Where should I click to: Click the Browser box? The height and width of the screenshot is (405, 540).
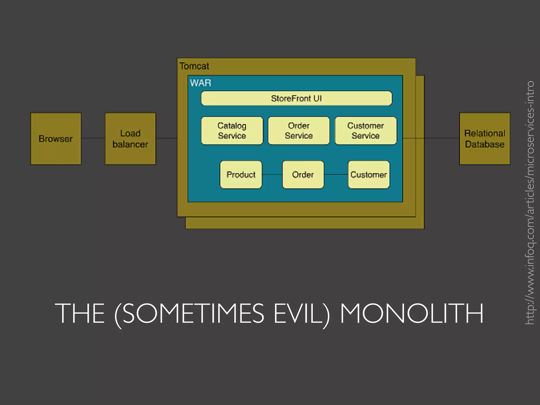point(56,139)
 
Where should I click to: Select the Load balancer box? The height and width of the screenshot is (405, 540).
point(130,139)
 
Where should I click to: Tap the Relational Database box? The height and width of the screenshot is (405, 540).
point(485,139)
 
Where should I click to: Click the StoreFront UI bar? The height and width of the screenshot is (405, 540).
point(296,98)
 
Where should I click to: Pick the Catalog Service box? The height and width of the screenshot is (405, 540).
point(232,131)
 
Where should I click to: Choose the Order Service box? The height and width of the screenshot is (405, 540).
point(299,131)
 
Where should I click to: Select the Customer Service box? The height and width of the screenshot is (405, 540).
point(366,131)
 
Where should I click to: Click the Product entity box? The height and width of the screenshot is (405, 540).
point(241,175)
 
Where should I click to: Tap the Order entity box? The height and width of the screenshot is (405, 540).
point(303,175)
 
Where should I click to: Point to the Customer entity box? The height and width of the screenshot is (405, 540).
point(369,175)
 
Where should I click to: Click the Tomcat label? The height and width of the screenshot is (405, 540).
point(194,66)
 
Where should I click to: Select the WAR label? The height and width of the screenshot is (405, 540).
point(201,83)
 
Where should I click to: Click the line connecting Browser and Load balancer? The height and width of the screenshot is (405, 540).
point(93,138)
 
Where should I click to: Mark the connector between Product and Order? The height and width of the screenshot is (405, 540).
point(272,174)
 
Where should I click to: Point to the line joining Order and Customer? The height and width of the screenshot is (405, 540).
point(336,174)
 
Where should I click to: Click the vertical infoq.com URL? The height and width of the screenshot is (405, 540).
point(529,202)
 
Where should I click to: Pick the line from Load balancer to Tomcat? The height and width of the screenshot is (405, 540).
point(166,138)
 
